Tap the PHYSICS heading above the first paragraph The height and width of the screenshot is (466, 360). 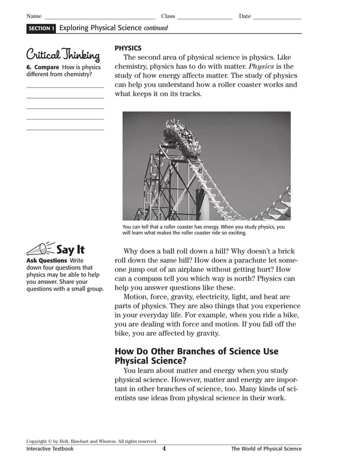pos(128,49)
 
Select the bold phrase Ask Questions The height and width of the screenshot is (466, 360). pos(47,261)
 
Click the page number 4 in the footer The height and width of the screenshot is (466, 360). pos(164,449)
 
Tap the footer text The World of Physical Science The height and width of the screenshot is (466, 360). pos(266,449)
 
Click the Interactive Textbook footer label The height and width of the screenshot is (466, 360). pos(50,449)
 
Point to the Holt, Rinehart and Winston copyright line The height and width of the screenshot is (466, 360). pos(91,441)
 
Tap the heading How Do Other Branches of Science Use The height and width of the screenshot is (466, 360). pos(196,351)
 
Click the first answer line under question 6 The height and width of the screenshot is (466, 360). pos(65,87)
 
